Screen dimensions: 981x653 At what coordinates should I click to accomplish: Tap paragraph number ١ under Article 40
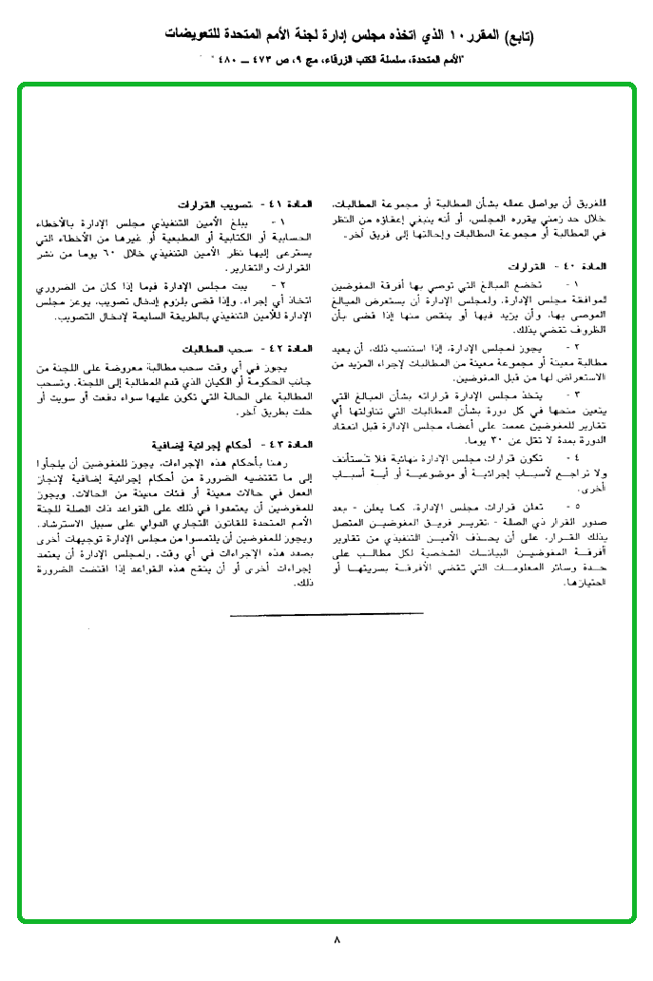568,284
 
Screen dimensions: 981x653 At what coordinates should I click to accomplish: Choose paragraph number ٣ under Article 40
568,392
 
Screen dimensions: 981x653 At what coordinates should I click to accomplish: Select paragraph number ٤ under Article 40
568,458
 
